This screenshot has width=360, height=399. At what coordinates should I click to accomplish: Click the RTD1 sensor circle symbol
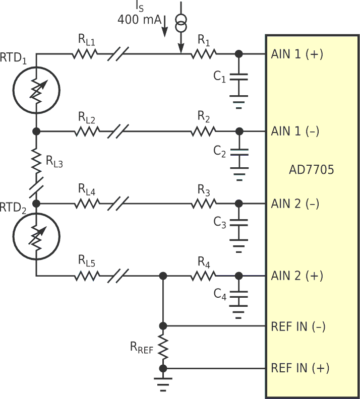point(36,90)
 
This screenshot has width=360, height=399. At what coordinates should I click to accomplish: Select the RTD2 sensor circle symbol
point(36,239)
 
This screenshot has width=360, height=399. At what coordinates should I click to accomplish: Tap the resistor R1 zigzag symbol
point(203,53)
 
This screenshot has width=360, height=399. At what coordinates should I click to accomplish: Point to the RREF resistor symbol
point(163,347)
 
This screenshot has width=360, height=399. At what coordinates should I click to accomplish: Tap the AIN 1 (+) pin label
point(297,54)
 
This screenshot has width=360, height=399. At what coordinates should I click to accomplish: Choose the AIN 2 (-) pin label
point(295,204)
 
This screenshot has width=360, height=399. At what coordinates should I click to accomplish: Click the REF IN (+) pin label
point(300,368)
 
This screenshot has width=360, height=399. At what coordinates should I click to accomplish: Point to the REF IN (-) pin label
point(298,326)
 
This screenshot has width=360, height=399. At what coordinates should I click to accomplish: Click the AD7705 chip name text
point(311,170)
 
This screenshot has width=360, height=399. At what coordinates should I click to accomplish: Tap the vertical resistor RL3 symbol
point(36,160)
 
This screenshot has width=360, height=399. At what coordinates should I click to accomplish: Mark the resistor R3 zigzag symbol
point(204,204)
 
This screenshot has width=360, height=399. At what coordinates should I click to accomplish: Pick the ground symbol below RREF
point(163,382)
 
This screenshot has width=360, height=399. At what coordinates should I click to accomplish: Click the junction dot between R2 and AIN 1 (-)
point(239,131)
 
